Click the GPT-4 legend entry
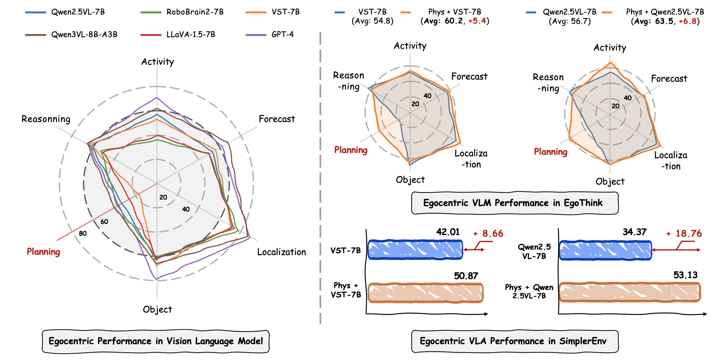(282, 35)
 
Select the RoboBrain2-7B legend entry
(195, 12)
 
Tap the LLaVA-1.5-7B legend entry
(191, 35)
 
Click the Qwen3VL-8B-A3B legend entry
(84, 35)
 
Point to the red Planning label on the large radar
(44, 252)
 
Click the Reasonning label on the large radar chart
(46, 119)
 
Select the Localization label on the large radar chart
(281, 252)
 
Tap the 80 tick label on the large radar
(83, 233)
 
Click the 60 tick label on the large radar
(104, 222)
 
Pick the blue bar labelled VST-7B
(415, 250)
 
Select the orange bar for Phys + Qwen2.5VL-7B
(629, 292)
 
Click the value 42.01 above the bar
(448, 232)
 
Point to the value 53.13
(685, 275)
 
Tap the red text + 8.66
(488, 234)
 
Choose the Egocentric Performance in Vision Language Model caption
(156, 341)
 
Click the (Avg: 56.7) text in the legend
(569, 21)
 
